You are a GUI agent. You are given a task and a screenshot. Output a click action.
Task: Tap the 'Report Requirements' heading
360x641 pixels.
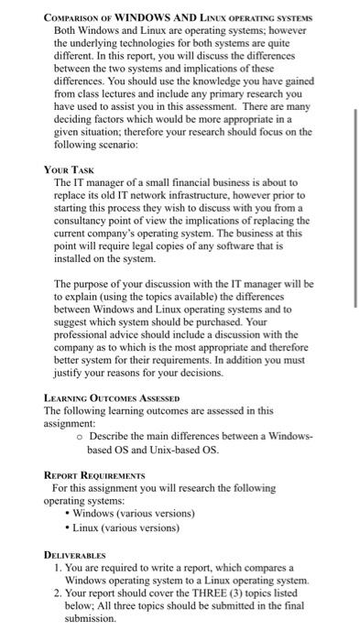95,475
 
